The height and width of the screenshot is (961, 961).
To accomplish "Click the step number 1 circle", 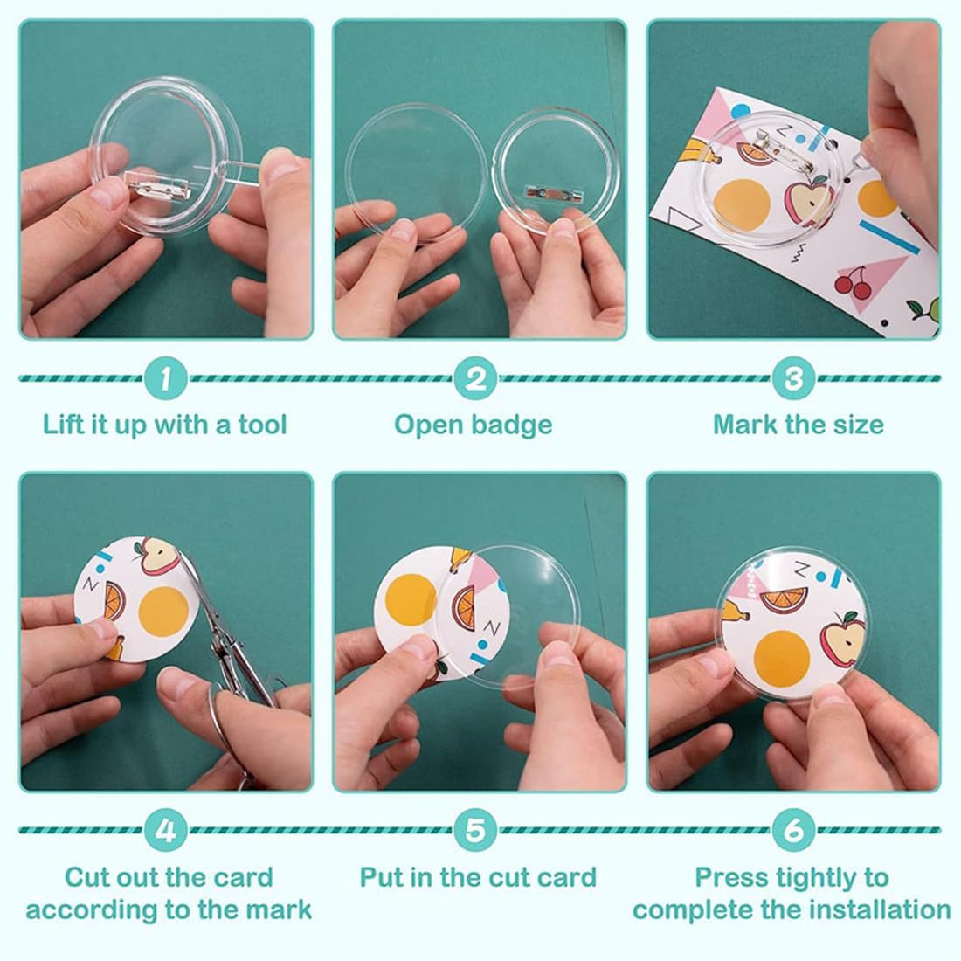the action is pos(165,378).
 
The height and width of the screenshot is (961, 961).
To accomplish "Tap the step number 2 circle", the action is pos(475,378).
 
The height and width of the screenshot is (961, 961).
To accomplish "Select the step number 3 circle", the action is pos(793,378).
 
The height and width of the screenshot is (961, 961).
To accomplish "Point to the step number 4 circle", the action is pos(165,831).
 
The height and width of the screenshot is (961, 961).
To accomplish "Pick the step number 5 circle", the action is pos(475,831).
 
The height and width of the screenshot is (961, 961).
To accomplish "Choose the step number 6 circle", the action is pos(793,831).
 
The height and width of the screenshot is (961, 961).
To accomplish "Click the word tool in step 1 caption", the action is pos(262,425).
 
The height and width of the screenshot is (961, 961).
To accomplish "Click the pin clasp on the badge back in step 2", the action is pos(547,192).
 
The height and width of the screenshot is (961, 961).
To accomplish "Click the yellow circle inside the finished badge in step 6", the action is pos(781,660).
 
